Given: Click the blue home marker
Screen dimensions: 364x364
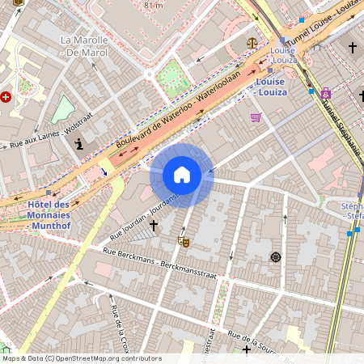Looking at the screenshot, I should pos(182,175).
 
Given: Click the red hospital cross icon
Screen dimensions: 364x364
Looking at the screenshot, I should pos(7,97).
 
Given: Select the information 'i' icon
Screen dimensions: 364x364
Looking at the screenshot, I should pos(79,144).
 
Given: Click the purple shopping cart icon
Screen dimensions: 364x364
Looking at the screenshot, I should pos(256,117).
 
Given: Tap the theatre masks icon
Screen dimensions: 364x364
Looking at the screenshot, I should pos(184,240).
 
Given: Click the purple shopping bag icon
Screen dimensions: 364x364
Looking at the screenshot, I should pos(326,92).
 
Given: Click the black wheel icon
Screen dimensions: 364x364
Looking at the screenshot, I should pos(275,257).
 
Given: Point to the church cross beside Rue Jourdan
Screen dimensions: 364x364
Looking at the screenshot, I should pos(154,225).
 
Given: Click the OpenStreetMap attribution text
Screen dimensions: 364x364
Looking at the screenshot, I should pos(81,358).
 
